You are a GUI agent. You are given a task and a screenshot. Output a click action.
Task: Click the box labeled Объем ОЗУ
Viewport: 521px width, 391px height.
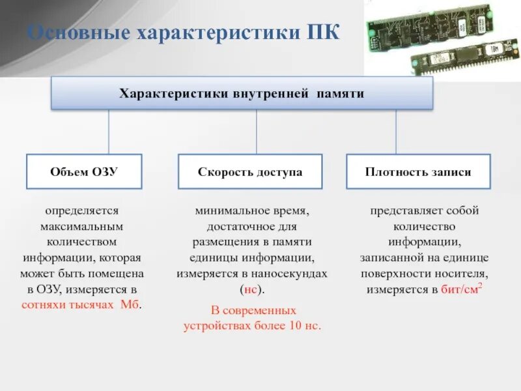click(83, 172)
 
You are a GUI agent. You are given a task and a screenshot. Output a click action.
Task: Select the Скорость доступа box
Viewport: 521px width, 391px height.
click(250, 172)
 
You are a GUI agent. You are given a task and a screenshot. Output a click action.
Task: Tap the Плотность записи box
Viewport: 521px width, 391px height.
click(418, 172)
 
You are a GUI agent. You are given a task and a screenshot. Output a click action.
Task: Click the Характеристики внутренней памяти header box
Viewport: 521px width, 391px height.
click(242, 93)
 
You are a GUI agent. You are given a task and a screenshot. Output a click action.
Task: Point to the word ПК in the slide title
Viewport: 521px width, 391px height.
click(323, 32)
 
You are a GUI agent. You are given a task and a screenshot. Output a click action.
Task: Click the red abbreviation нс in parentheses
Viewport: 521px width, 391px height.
click(250, 289)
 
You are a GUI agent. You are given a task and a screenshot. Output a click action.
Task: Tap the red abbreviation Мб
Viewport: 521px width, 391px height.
click(130, 305)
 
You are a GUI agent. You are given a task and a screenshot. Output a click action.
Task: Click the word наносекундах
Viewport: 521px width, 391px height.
click(289, 274)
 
